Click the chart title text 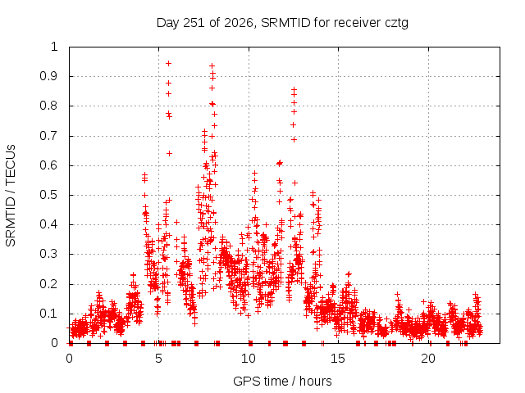click(x=282, y=23)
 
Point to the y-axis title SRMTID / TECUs click(x=11, y=196)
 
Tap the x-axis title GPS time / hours click(x=282, y=381)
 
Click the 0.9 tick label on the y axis click(x=49, y=76)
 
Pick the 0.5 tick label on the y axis click(x=49, y=195)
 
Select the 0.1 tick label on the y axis click(x=49, y=314)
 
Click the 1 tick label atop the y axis click(x=55, y=47)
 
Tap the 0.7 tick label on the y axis click(x=49, y=136)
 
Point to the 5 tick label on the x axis click(x=158, y=359)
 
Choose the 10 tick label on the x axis click(x=249, y=359)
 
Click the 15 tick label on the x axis click(x=338, y=359)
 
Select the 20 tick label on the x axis click(x=428, y=359)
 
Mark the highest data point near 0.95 click(x=169, y=64)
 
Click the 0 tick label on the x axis click(x=69, y=359)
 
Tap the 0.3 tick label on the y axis click(x=49, y=254)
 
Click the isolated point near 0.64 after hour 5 click(x=170, y=153)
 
